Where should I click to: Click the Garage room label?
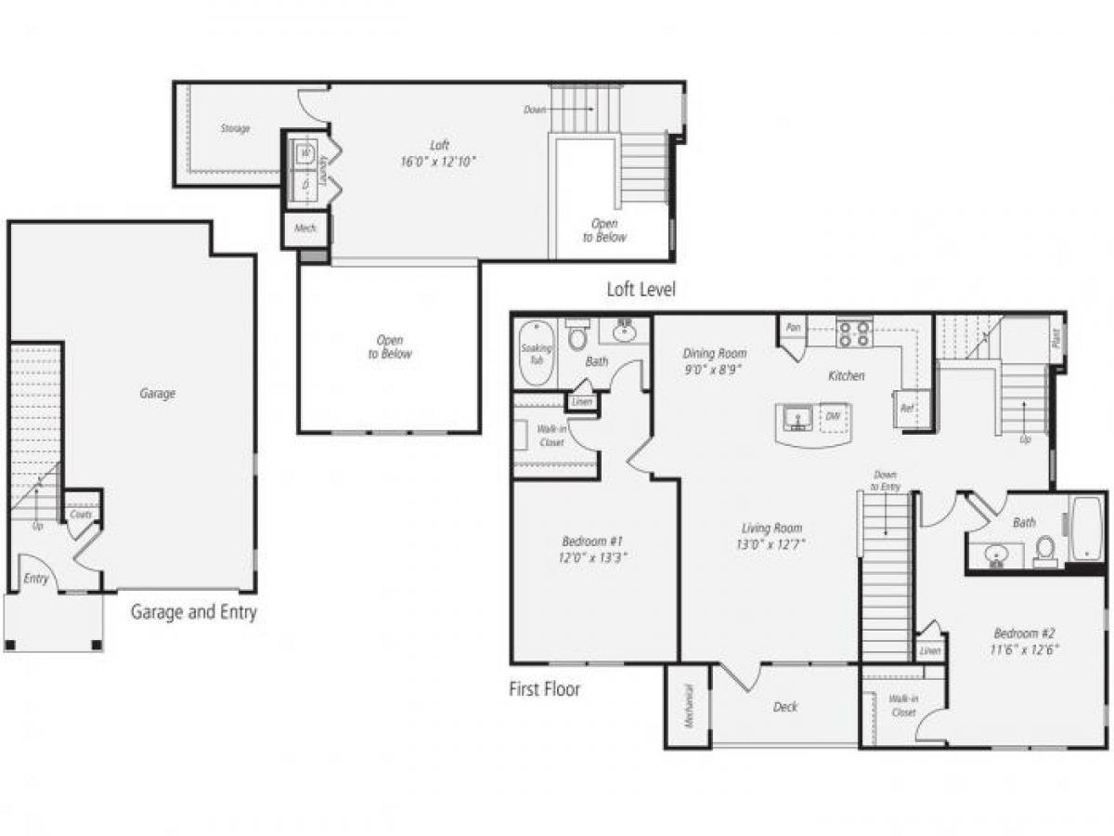[157, 394]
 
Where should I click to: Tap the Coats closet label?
[81, 513]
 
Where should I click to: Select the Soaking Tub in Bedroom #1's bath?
[536, 354]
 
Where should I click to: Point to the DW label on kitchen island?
[833, 417]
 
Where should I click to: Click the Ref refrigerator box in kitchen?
[906, 408]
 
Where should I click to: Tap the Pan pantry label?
[794, 328]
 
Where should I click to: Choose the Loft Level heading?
[641, 290]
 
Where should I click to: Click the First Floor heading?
[544, 689]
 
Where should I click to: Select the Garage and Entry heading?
[193, 612]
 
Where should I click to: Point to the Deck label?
[785, 707]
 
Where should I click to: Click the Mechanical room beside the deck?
[688, 706]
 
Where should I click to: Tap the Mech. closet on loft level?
[304, 229]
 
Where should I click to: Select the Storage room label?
[235, 128]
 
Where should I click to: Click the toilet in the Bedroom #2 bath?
[1046, 551]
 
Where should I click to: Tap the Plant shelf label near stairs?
[1056, 335]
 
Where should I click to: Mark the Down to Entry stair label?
[885, 480]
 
